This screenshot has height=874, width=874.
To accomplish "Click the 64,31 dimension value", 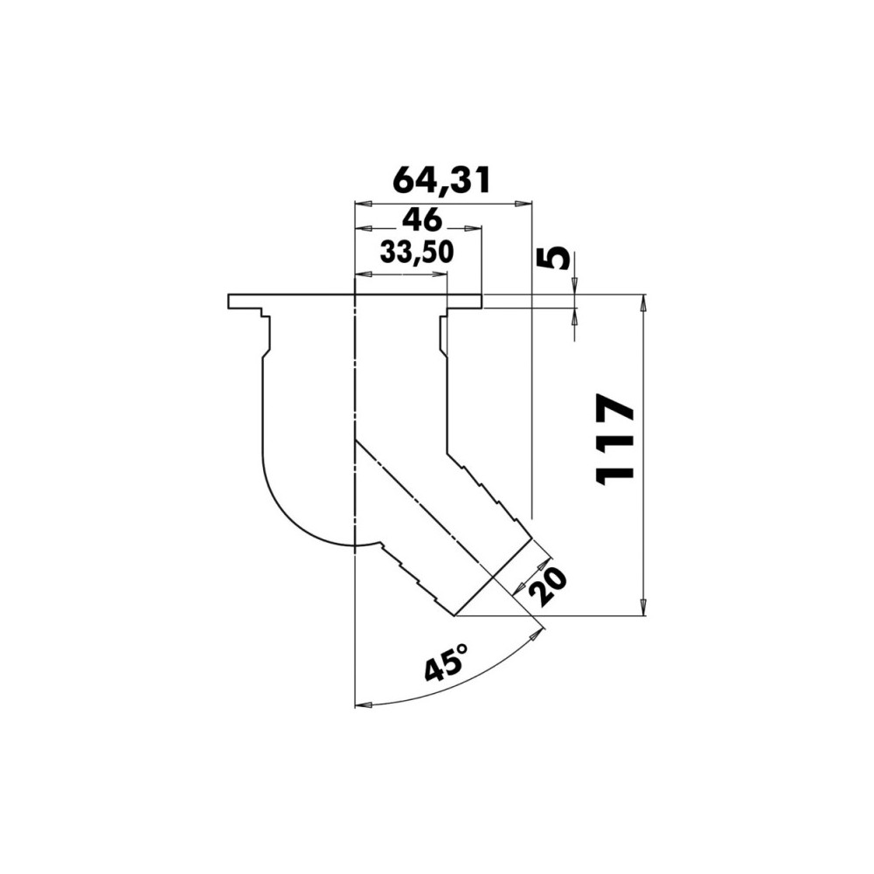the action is click(440, 180).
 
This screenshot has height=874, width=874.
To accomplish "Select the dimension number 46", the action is click(421, 220).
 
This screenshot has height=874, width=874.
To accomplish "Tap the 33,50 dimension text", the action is click(416, 253).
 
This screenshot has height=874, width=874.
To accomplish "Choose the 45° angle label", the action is click(446, 662).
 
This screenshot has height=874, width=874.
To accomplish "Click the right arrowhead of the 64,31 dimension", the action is click(524, 204).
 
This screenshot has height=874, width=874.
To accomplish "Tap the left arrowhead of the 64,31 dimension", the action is click(364, 204).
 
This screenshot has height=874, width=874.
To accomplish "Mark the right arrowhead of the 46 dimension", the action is click(473, 227).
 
